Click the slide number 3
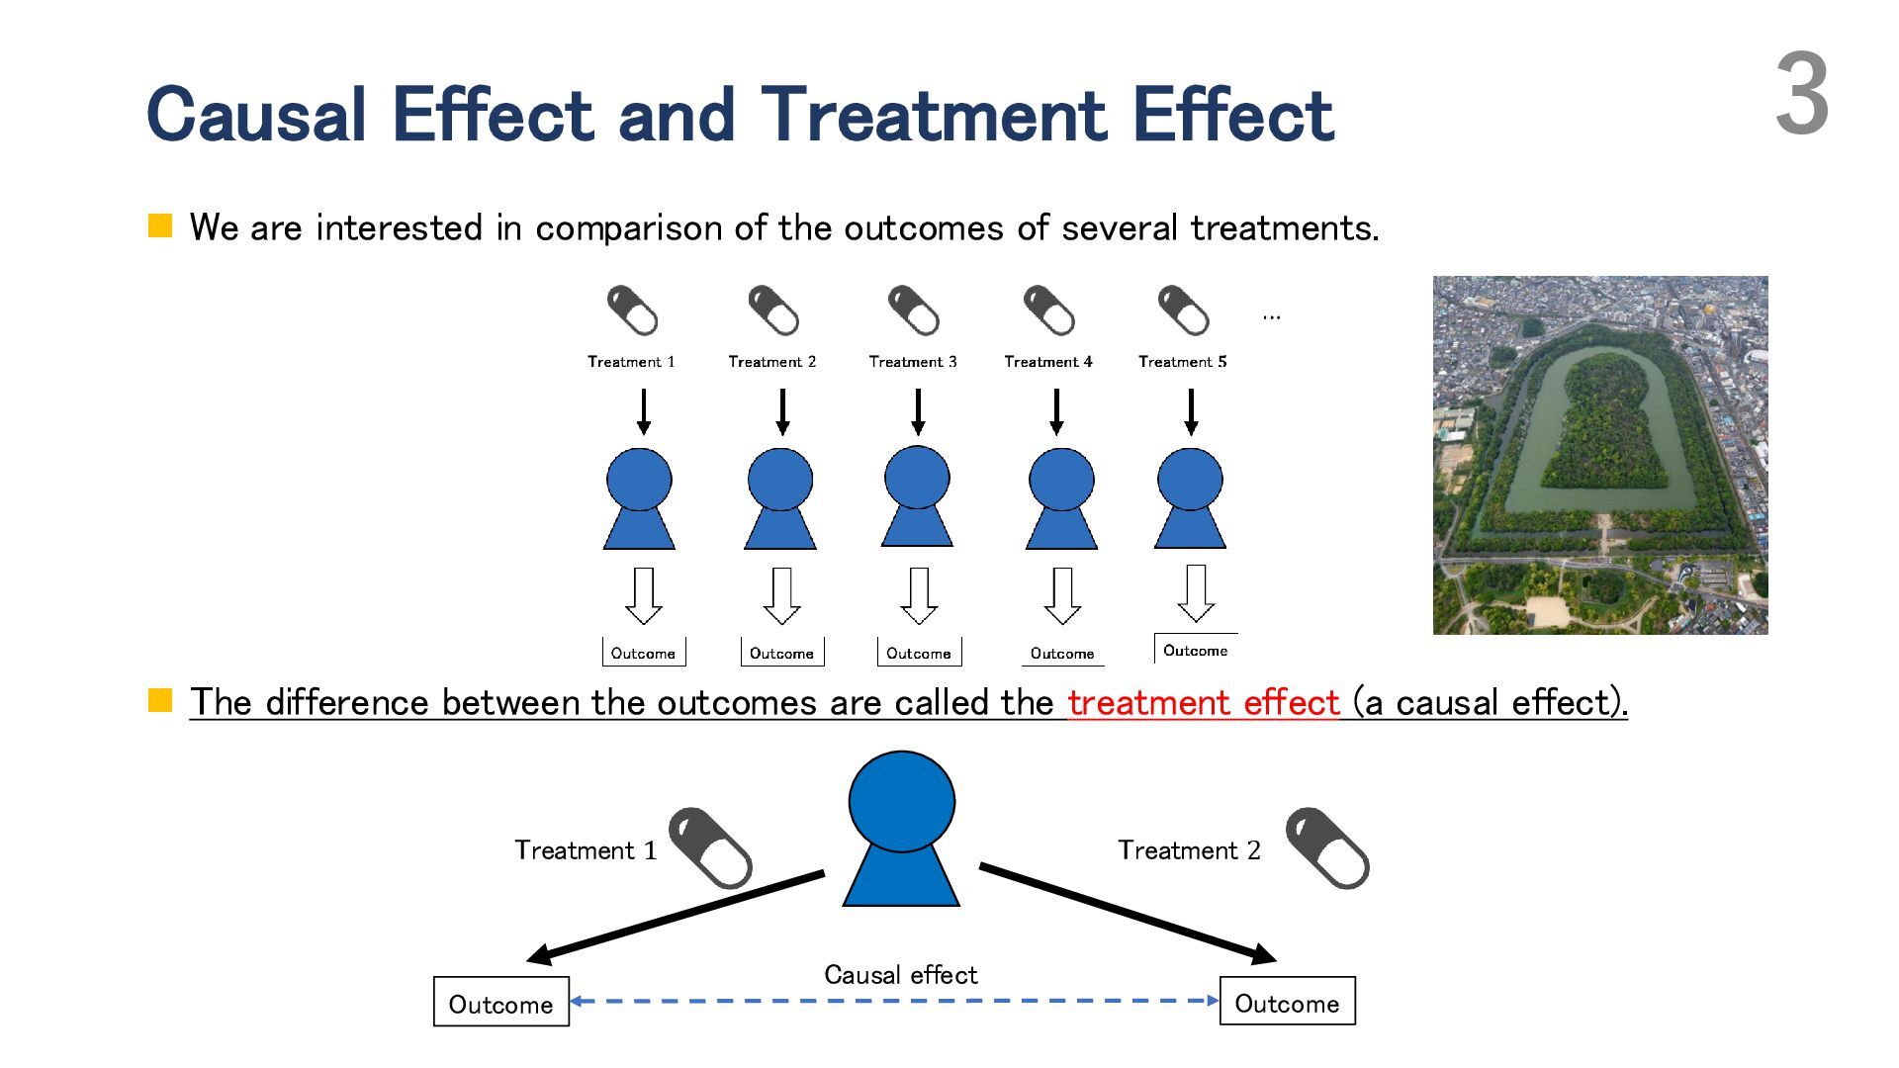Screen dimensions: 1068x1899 tap(1801, 96)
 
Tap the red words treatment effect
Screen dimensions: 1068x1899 tap(1203, 702)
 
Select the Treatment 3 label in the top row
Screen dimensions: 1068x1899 tap(912, 362)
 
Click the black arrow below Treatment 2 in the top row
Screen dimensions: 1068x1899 tap(782, 411)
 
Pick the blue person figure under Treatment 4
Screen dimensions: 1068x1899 tap(1061, 499)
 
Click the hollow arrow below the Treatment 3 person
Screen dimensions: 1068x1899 tap(919, 595)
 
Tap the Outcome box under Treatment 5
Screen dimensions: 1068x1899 tap(1195, 650)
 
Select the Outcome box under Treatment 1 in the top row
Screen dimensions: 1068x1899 tap(643, 653)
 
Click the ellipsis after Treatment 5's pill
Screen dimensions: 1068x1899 tap(1271, 316)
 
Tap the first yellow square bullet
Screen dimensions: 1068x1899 tap(160, 225)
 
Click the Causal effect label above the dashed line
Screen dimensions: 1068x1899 tap(900, 975)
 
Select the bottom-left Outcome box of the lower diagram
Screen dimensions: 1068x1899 tap(500, 1003)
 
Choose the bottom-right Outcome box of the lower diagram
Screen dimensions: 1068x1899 tap(1287, 1003)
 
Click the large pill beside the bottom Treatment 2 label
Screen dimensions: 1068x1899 tap(1327, 848)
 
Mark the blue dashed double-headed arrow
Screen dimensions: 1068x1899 tap(894, 1001)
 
